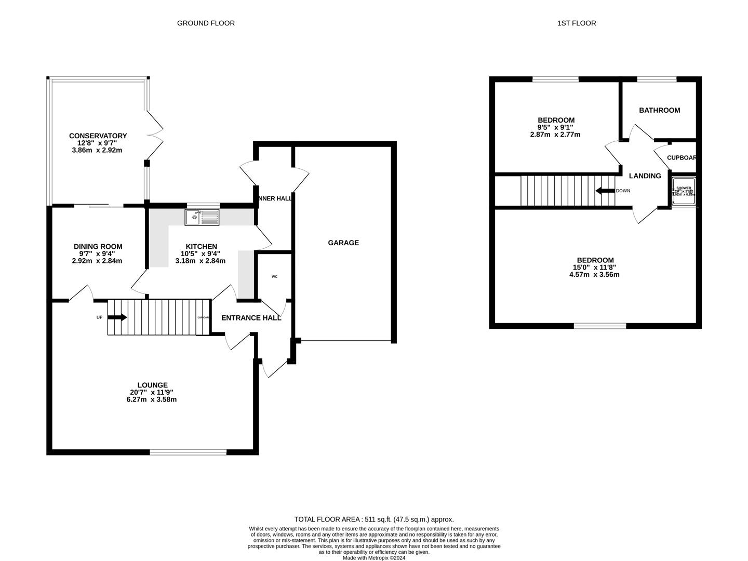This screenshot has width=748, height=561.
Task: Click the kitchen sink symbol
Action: pos(202,217)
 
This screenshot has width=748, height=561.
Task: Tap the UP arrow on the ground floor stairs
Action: pos(117,317)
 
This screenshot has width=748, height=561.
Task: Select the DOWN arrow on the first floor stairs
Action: pos(605,191)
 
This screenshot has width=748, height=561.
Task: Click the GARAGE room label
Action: pos(343,243)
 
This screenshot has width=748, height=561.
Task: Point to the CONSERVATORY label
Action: pos(98,136)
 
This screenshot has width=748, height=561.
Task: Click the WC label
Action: pos(274,276)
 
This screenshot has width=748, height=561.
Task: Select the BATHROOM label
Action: pos(659,110)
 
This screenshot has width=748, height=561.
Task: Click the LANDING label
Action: pos(645,176)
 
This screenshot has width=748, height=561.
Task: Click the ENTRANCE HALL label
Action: pos(251,318)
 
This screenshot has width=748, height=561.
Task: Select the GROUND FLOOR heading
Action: pos(206,23)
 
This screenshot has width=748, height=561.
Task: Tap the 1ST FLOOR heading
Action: pos(577,23)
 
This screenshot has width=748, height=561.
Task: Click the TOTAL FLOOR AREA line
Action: pos(373,519)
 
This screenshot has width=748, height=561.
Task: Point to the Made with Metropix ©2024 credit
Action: pos(373,558)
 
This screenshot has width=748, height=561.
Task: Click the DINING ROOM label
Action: pos(98,247)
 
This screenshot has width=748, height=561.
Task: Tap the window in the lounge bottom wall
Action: pos(188,452)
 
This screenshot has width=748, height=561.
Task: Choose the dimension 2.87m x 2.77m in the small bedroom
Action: pos(555,135)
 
